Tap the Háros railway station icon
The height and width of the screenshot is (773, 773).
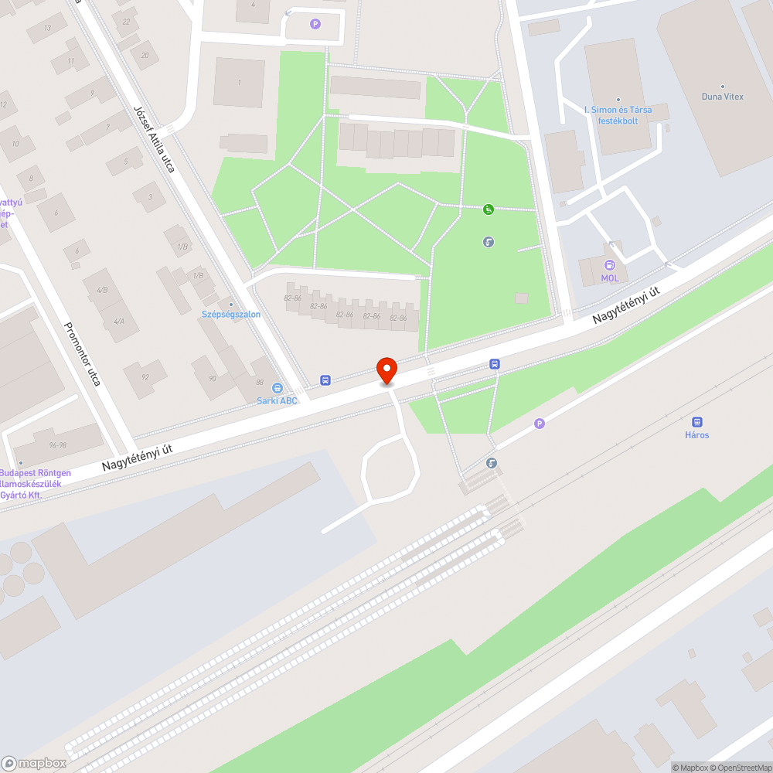click(696, 422)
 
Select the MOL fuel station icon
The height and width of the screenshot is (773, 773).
click(610, 265)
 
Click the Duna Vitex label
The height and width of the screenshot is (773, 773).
click(722, 97)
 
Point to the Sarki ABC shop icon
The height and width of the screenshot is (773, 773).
click(278, 389)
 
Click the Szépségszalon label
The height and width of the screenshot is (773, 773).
click(230, 315)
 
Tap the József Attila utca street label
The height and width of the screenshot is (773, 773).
click(154, 138)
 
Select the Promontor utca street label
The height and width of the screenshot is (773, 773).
click(82, 354)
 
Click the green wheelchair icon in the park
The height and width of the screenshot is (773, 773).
click(489, 209)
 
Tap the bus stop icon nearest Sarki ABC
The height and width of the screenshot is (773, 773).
click(325, 380)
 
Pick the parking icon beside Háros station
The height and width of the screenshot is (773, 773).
click(540, 423)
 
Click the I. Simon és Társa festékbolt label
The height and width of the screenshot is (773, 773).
click(618, 115)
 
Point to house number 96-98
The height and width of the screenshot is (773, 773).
click(57, 446)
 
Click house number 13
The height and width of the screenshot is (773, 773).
click(47, 28)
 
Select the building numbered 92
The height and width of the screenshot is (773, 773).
click(145, 378)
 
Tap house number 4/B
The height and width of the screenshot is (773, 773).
click(102, 290)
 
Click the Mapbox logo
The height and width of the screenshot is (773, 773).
click(35, 763)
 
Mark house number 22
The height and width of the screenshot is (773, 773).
click(125, 22)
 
